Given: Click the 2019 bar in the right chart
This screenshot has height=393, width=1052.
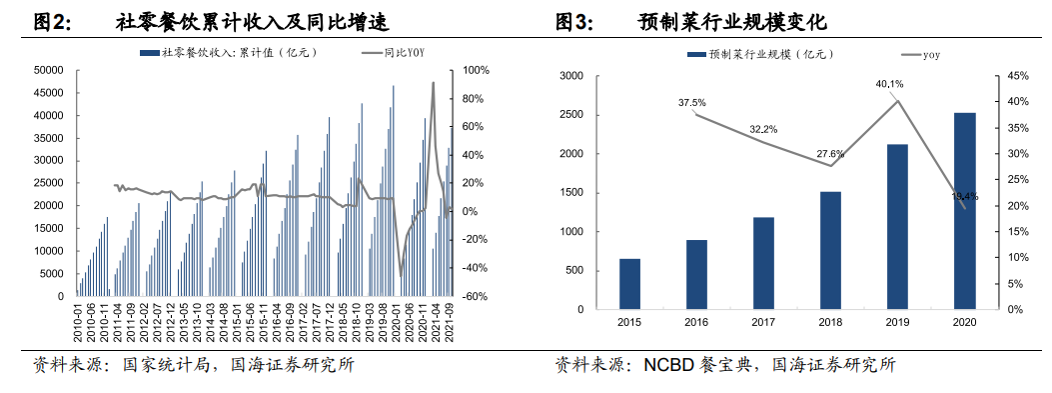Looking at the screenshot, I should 898,227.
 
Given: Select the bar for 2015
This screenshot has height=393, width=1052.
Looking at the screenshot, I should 629,284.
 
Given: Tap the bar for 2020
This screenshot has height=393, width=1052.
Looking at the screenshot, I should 965,211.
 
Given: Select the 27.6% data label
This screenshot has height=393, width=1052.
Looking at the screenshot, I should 830,154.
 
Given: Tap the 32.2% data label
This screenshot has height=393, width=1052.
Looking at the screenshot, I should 763,129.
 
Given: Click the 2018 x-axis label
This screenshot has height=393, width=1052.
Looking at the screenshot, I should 830,323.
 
